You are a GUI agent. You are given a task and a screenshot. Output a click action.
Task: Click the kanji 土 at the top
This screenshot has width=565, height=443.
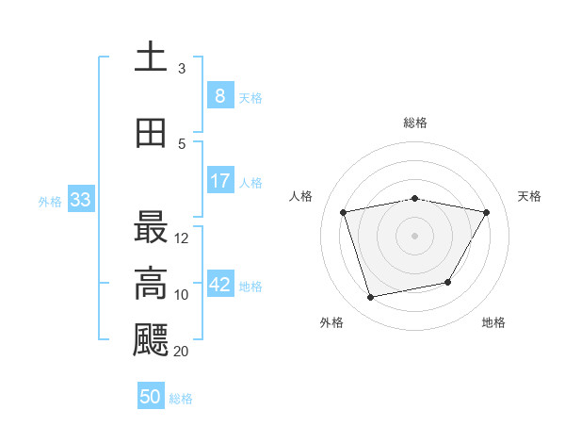[x=151, y=57]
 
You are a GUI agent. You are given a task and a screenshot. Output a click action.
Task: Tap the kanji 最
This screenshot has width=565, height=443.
[x=151, y=227]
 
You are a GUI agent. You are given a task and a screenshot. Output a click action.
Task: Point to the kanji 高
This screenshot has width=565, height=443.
[x=151, y=284]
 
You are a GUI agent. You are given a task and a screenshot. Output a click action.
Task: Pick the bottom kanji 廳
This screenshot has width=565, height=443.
[x=151, y=340]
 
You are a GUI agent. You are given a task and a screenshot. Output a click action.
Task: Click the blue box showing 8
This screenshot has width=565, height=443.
[x=219, y=96]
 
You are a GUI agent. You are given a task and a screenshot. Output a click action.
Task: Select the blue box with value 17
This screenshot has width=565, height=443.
[x=219, y=181]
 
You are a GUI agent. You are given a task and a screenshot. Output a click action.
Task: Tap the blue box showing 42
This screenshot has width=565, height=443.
[x=220, y=285]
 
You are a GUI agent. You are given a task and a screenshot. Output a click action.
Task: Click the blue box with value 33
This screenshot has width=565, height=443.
[x=79, y=200]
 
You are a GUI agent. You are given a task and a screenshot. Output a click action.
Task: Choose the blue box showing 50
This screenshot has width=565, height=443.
[x=151, y=397]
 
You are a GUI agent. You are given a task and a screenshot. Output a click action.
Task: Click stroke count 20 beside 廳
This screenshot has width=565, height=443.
[x=181, y=352]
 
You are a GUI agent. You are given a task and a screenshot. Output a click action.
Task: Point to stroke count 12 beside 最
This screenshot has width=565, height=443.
[x=182, y=238]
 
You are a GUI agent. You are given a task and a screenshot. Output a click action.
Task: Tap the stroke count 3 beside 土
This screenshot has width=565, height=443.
[x=182, y=68]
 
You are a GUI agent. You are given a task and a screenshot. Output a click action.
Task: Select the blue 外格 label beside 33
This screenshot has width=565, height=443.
[x=50, y=201]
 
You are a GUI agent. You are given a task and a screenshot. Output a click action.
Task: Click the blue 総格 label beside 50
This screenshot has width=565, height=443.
[x=181, y=399]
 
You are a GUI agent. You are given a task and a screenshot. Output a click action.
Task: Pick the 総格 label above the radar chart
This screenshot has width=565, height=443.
[x=414, y=123]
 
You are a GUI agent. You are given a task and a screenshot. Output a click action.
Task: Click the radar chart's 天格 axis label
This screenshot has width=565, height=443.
[x=529, y=196]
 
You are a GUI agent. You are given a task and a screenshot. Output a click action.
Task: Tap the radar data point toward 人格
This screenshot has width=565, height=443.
[x=344, y=212]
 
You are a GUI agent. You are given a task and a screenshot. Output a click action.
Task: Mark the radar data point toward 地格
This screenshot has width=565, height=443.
[x=448, y=282]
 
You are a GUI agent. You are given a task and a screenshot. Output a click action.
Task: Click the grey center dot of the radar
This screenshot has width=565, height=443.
[x=414, y=235]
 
